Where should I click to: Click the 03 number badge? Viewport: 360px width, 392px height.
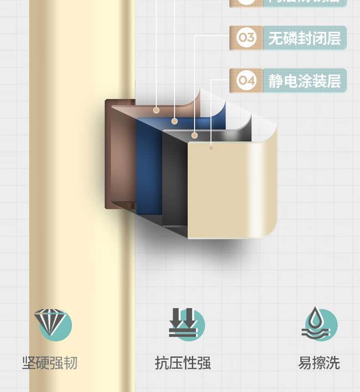pos(247,38)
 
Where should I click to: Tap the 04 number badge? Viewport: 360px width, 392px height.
pos(247,81)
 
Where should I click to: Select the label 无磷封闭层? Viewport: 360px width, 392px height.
pos(304,38)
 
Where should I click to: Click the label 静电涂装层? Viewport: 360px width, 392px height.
pos(304,81)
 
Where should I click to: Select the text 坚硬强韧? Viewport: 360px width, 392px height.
pos(50,363)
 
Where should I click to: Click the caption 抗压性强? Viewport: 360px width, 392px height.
pos(183,363)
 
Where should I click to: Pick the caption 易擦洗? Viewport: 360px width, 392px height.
pos(319,363)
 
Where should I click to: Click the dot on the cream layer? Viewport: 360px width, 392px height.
pos(211,148)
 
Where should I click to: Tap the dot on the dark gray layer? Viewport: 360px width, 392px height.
pos(195,135)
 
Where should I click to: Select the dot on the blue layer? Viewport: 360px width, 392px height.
pos(175,121)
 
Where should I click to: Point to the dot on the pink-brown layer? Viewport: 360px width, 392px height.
pos(156,110)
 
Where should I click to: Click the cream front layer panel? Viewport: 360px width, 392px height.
pos(228,191)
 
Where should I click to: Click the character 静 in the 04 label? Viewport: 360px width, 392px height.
pos(275,81)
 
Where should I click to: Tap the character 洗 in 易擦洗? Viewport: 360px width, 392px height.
pos(333,363)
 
